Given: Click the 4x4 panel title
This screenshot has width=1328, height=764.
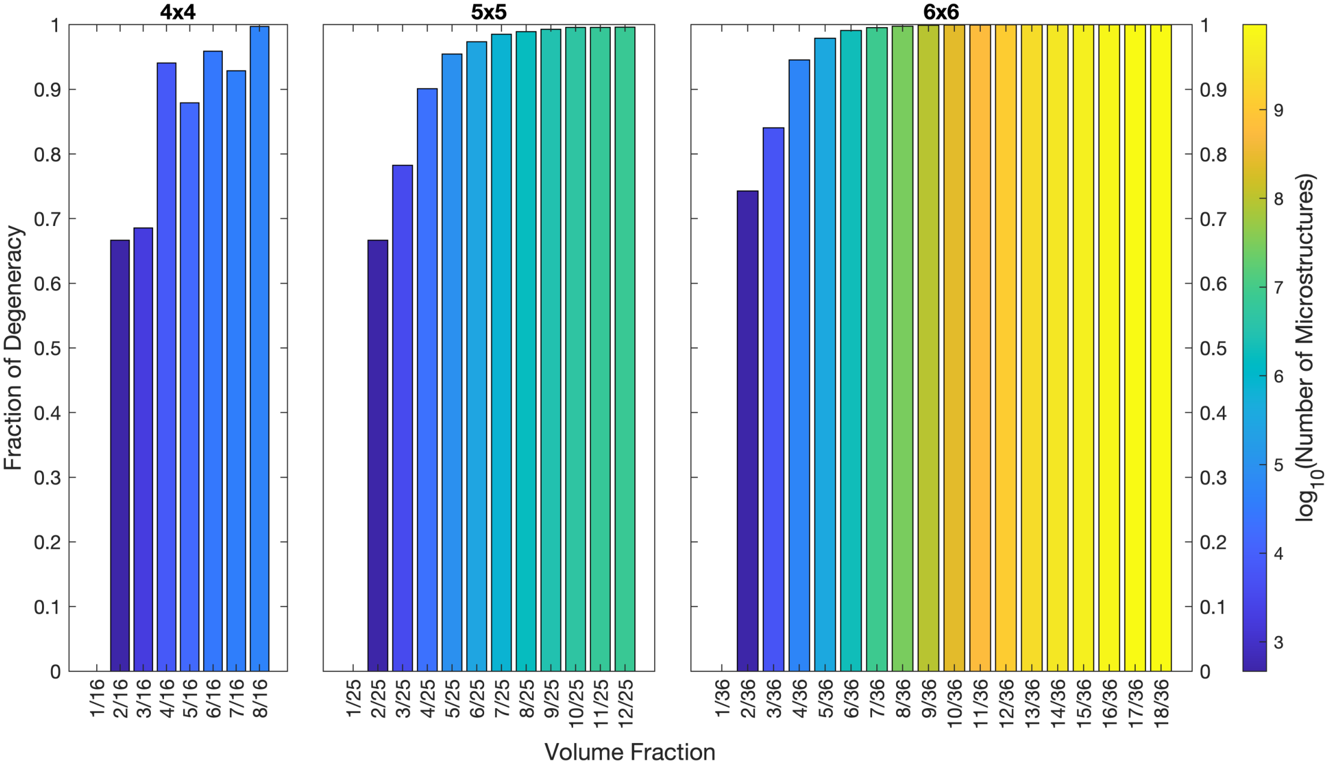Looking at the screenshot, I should [x=178, y=12].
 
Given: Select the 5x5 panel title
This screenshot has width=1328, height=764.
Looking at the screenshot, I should [x=488, y=12].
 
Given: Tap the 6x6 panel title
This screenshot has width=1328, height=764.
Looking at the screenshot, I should [x=941, y=12].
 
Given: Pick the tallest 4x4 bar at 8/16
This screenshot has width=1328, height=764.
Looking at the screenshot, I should [x=259, y=349].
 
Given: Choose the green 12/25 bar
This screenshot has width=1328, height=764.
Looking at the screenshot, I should [x=625, y=349].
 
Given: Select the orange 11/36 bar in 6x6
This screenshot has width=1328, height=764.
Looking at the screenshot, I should [x=980, y=349].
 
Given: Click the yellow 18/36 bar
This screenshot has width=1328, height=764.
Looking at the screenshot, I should [x=1160, y=349].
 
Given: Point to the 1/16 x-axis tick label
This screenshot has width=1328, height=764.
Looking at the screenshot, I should [x=97, y=698].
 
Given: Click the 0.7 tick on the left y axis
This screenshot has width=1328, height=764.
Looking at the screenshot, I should [x=47, y=219].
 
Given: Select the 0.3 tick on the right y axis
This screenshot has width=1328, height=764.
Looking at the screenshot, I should [x=1213, y=478].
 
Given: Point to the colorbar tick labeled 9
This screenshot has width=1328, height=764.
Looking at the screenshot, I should [x=1278, y=110].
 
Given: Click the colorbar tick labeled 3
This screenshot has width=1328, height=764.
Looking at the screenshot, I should [x=1278, y=642].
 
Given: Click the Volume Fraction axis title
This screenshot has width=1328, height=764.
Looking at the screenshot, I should [x=629, y=752].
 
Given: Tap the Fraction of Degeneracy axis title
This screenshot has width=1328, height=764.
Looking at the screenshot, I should [x=13, y=347].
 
